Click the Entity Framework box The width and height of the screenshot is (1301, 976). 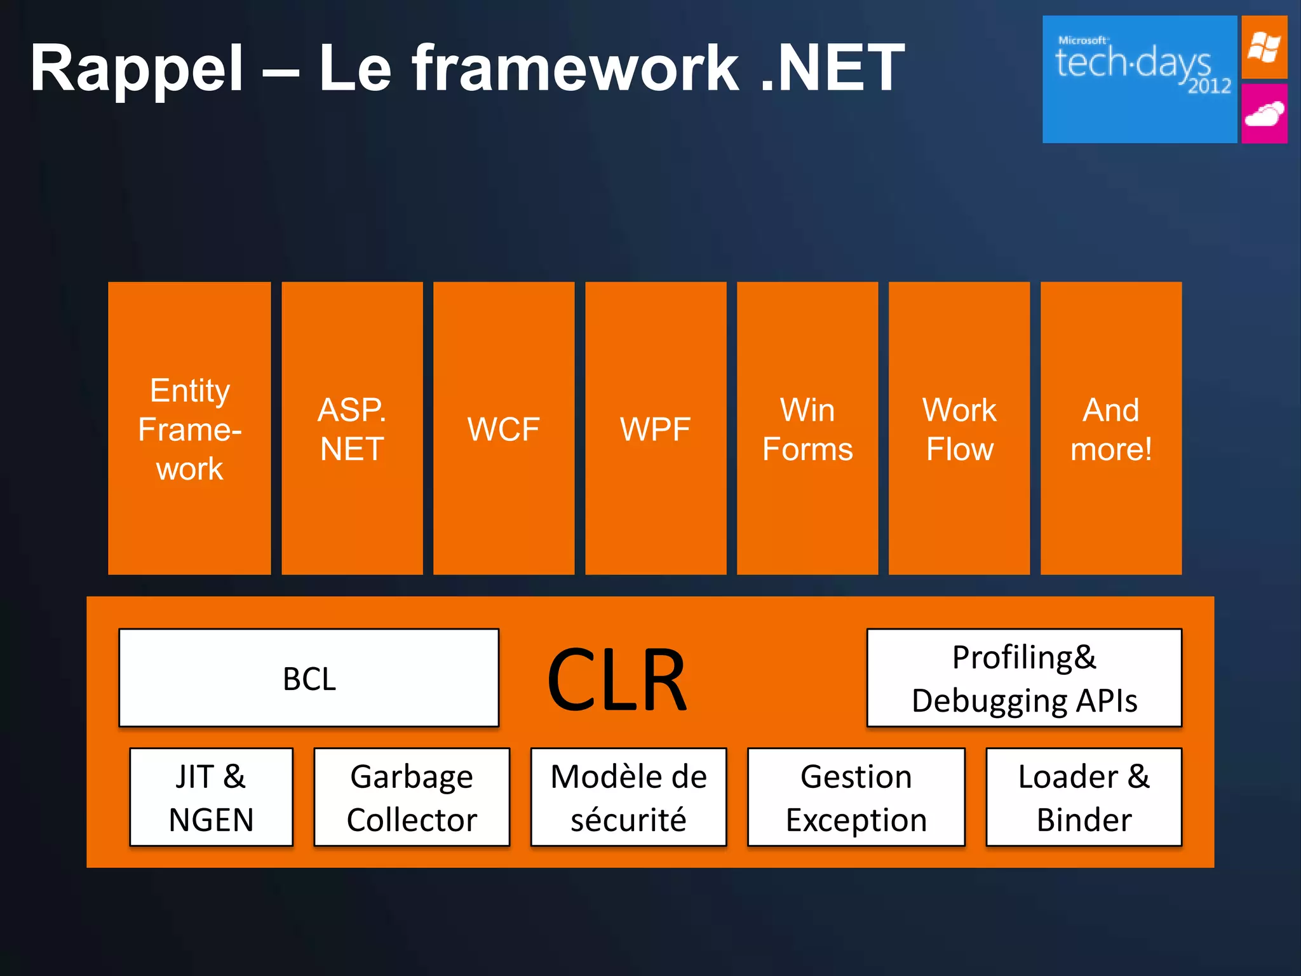(189, 429)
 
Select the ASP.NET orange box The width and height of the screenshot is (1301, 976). (352, 429)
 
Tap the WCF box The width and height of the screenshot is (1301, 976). (504, 429)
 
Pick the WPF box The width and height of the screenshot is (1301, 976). (656, 429)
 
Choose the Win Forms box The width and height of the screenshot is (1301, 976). (807, 429)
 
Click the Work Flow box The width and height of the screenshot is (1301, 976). (959, 429)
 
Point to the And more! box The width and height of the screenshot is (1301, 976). (1111, 429)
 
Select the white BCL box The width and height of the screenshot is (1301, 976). (309, 678)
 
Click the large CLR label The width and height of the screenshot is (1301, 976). (617, 680)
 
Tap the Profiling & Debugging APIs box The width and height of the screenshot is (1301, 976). (1024, 678)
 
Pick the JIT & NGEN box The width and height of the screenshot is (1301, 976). (211, 797)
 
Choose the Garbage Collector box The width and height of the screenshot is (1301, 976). (412, 797)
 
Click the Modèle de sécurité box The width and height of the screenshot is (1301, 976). (628, 797)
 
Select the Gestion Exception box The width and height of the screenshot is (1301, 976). (856, 797)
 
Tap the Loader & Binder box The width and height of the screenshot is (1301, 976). (1084, 797)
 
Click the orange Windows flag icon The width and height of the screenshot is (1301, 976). (1264, 48)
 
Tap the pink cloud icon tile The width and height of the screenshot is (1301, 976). (1264, 114)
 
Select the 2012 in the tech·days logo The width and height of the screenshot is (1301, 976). (1210, 86)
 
